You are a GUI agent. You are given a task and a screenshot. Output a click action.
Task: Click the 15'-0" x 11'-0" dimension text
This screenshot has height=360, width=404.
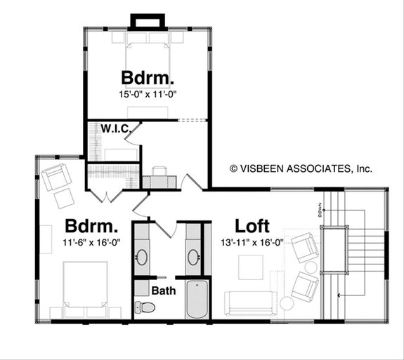click(148, 92)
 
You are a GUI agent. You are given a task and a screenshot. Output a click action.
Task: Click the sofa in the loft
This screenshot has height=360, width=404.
click(249, 303)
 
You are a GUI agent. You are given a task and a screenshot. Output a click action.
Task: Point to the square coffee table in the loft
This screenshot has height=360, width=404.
click(251, 267)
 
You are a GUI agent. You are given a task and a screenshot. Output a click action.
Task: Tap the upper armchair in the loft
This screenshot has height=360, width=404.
click(305, 246)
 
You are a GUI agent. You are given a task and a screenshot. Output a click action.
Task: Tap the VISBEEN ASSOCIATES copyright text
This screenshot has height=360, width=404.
click(301, 168)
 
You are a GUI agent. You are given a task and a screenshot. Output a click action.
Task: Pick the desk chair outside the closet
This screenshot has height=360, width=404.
click(159, 171)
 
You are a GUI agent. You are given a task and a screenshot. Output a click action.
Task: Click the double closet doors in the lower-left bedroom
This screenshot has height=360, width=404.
click(105, 195)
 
